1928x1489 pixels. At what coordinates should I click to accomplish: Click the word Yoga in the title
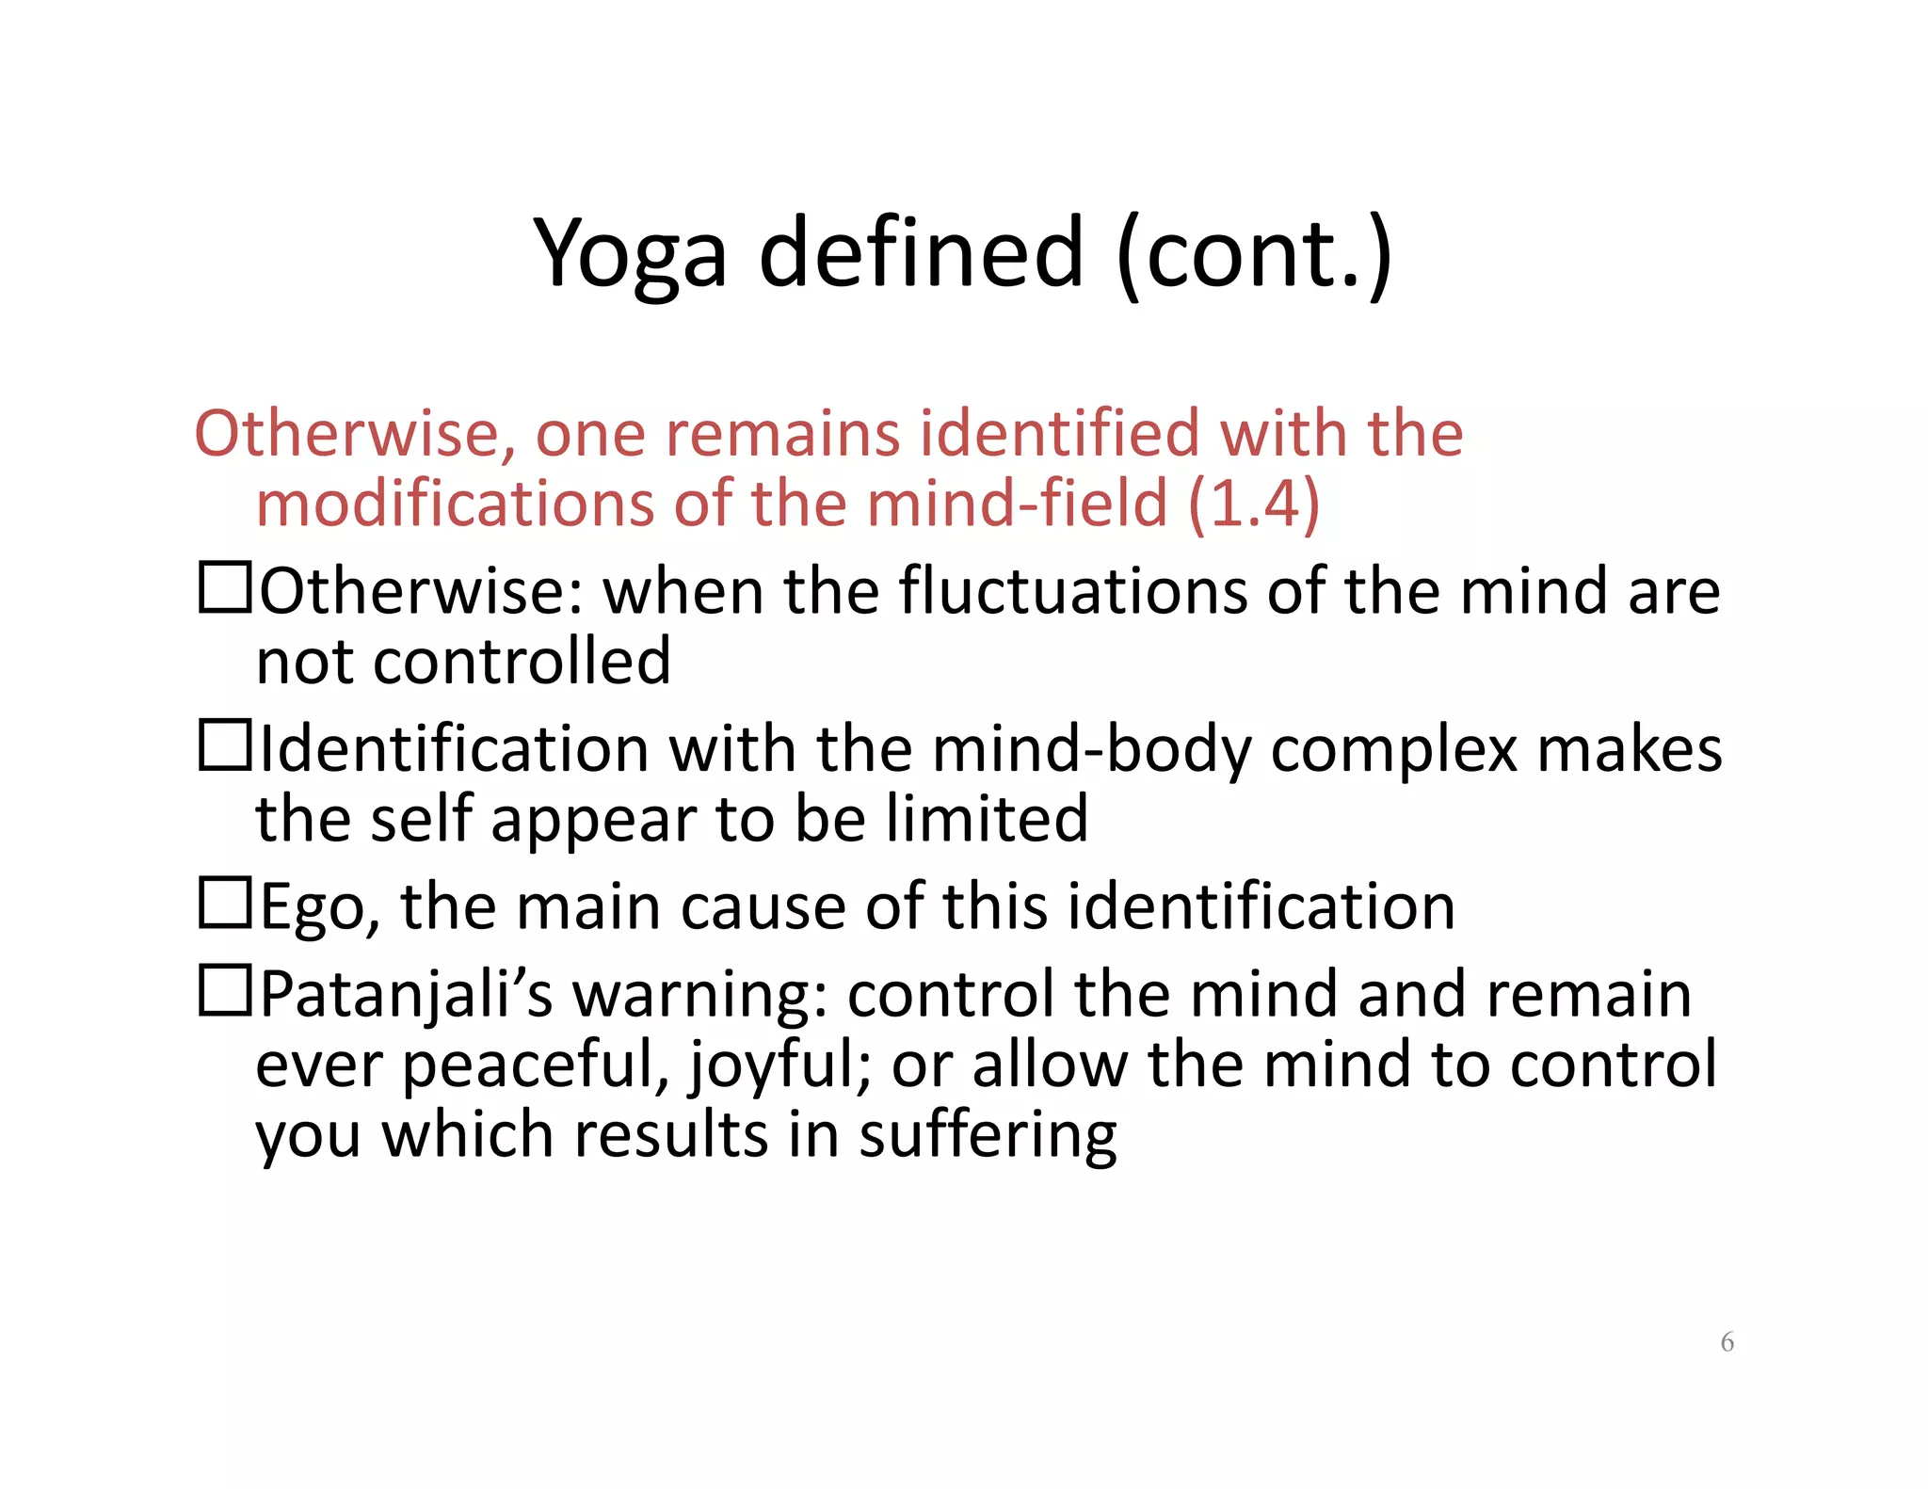click(629, 254)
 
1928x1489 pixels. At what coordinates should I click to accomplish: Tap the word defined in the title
click(921, 252)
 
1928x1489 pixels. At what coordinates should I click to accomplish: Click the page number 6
click(1727, 1341)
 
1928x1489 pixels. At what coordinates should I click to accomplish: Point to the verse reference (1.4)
click(1254, 504)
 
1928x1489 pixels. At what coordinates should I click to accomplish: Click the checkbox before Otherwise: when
click(225, 587)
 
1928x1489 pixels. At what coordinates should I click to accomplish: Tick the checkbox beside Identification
click(225, 744)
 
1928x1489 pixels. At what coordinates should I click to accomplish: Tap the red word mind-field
click(1017, 504)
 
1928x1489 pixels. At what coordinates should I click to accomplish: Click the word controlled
click(522, 661)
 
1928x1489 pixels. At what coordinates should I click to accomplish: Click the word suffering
click(988, 1135)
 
